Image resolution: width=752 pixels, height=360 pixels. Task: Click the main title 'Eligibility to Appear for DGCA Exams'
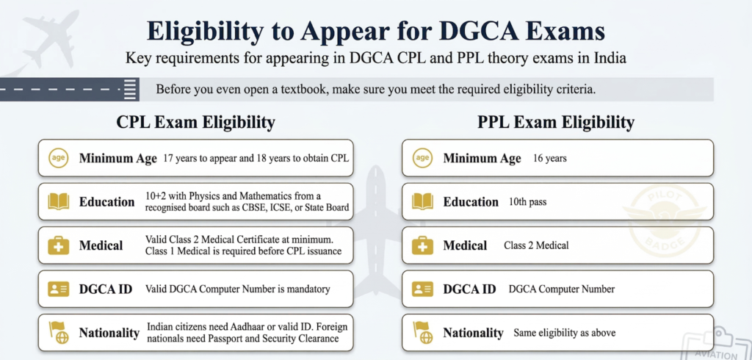pos(375,32)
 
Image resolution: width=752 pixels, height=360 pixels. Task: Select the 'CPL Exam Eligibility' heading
pos(195,122)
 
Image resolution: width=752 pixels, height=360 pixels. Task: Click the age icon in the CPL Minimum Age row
pos(58,158)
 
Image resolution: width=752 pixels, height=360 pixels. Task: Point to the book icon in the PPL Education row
pos(422,201)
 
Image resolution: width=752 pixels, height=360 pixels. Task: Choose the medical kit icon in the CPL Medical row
pos(58,245)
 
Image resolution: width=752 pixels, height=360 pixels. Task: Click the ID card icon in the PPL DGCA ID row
pos(422,289)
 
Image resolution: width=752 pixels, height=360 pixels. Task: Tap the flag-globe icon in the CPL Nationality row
pos(58,332)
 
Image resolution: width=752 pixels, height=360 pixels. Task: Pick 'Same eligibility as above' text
pos(564,333)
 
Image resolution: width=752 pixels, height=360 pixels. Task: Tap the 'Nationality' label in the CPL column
pos(109,333)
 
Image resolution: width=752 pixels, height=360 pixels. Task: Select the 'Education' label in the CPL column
pos(107,201)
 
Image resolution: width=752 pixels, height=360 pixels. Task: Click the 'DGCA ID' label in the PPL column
pos(469,289)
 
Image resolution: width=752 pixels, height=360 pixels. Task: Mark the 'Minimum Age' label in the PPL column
pos(482,158)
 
